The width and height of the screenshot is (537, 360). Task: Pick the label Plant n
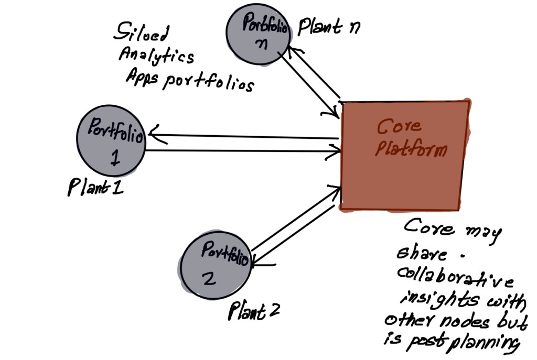click(329, 28)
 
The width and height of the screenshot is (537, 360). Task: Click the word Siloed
click(142, 35)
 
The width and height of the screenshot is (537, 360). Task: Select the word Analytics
click(157, 56)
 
